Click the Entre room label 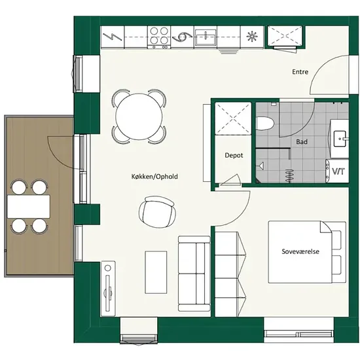click(300, 72)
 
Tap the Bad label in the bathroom click(302, 142)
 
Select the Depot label click(234, 155)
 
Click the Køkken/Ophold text click(154, 177)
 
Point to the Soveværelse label click(300, 251)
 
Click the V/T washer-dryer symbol click(338, 171)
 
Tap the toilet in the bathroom click(265, 124)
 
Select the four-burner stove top click(159, 37)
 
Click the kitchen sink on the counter click(206, 37)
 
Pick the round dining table click(139, 117)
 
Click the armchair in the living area click(158, 212)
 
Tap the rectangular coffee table click(156, 272)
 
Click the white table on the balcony click(28, 206)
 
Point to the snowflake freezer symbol click(252, 37)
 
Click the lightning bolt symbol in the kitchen click(113, 37)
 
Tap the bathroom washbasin click(340, 139)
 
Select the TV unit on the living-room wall click(108, 289)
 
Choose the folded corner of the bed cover click(327, 228)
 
